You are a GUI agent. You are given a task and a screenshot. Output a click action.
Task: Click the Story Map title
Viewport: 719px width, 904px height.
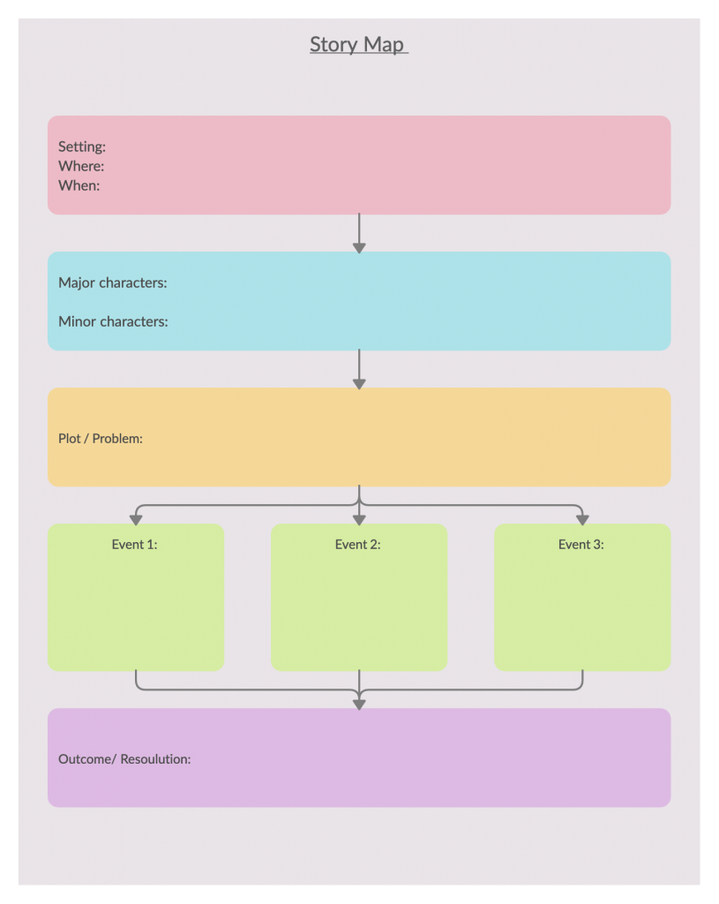pyautogui.click(x=358, y=44)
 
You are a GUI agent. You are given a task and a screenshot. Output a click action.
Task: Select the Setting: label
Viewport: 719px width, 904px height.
pyautogui.click(x=82, y=147)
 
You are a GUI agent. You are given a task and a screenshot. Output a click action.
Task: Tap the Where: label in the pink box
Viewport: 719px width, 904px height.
pyautogui.click(x=81, y=166)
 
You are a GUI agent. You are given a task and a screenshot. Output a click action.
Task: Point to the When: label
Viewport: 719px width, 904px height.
pyautogui.click(x=79, y=185)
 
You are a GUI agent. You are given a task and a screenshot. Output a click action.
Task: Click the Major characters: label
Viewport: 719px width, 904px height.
pyautogui.click(x=113, y=282)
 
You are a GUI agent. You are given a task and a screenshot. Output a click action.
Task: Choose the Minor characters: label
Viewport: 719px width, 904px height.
pyautogui.click(x=113, y=321)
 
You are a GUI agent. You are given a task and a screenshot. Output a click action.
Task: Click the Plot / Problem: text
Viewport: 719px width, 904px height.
pyautogui.click(x=101, y=438)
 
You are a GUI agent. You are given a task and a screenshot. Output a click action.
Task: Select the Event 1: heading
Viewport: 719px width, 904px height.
pyautogui.click(x=135, y=545)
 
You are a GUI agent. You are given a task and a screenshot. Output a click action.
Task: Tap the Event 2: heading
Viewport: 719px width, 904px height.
pyautogui.click(x=358, y=545)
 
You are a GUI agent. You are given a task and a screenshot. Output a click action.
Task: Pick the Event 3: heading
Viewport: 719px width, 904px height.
pyautogui.click(x=581, y=545)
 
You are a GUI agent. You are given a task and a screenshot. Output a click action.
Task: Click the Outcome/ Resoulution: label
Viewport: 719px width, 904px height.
pyautogui.click(x=124, y=758)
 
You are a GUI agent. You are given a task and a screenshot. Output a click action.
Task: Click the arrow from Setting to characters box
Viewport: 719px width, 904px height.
pyautogui.click(x=359, y=233)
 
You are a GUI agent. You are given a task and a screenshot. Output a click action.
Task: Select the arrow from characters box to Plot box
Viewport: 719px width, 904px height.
pyautogui.click(x=359, y=369)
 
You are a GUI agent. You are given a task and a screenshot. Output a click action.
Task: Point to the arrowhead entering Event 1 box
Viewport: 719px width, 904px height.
pyautogui.click(x=136, y=519)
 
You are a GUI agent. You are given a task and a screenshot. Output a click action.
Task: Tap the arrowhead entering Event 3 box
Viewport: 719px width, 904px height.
pyautogui.click(x=582, y=519)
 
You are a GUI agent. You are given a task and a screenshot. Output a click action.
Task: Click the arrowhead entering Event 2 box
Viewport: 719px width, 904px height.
pyautogui.click(x=359, y=519)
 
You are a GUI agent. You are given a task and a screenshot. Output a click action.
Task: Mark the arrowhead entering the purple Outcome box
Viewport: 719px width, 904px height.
pyautogui.click(x=359, y=703)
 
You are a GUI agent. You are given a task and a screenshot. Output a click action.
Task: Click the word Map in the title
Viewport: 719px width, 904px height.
pyautogui.click(x=385, y=44)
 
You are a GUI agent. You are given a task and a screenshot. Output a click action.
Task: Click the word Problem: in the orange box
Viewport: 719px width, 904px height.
pyautogui.click(x=117, y=438)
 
